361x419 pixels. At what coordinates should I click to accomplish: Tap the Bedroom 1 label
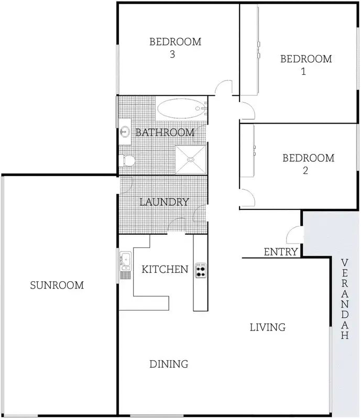(306, 64)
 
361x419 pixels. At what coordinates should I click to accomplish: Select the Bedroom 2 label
(308, 163)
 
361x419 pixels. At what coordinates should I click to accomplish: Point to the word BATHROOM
(165, 133)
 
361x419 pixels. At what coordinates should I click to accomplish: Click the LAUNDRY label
(163, 202)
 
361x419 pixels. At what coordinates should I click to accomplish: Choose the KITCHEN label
(165, 270)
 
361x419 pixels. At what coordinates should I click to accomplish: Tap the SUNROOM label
(57, 285)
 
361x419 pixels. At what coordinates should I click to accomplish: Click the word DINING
(169, 363)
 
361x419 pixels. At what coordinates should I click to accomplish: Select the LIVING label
(267, 328)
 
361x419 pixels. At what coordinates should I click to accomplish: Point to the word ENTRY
(281, 252)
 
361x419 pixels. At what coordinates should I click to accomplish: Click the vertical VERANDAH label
(344, 299)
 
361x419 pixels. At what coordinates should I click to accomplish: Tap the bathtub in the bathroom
(180, 109)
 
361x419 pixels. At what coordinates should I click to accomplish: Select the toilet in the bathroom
(128, 160)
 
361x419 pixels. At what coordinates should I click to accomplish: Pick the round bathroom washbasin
(125, 131)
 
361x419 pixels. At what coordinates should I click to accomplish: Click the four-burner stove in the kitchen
(201, 270)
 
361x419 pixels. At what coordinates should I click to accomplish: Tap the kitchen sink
(125, 260)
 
